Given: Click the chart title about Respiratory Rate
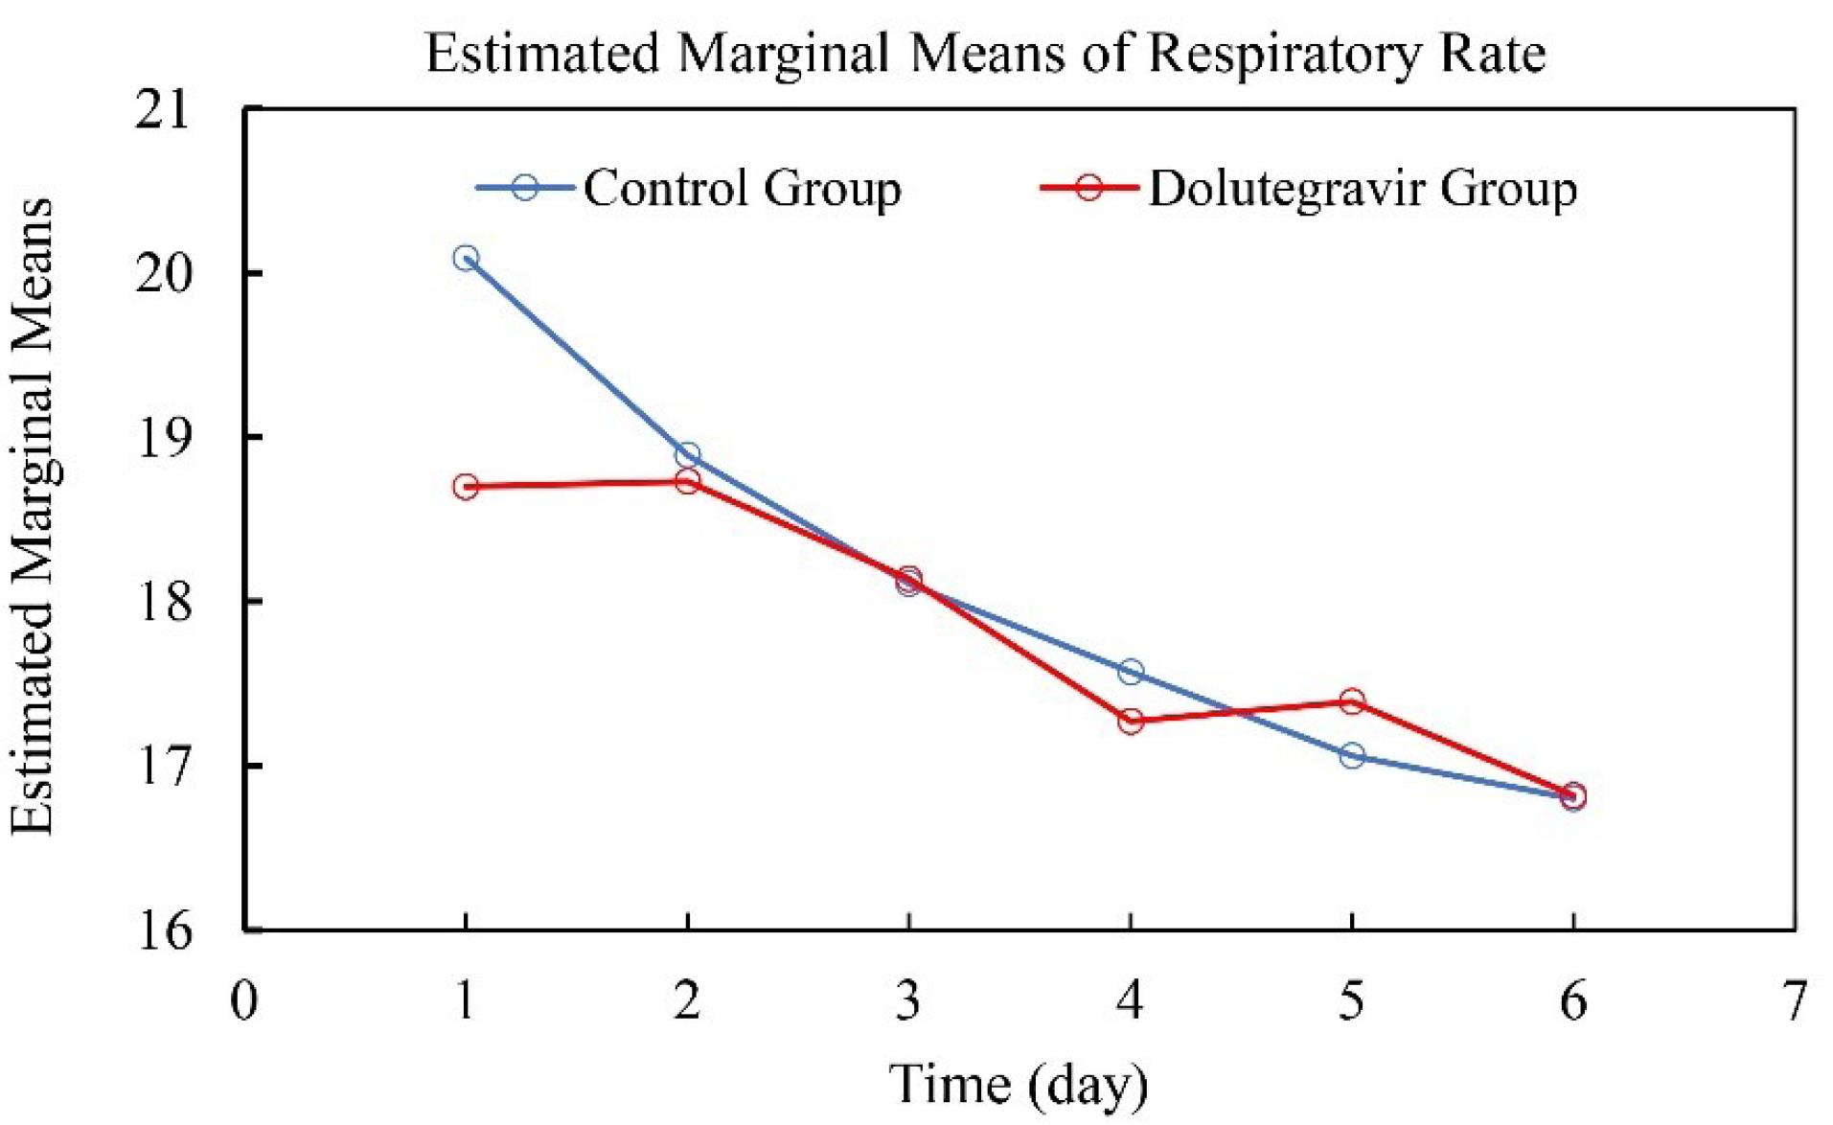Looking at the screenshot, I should pos(985,54).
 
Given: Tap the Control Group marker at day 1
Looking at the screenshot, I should pos(467,258).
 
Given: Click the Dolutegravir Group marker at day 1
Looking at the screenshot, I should pos(467,487).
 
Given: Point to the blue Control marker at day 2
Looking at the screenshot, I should pos(688,454).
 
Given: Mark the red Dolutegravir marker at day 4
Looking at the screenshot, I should pos(1131,721).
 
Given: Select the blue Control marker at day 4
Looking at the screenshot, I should pos(1131,672).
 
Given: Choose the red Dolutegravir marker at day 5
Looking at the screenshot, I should pos(1352,701).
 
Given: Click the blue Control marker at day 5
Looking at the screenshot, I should pos(1352,756).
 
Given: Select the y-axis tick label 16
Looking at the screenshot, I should pos(163,930).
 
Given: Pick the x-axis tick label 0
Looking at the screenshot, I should pos(245,1002).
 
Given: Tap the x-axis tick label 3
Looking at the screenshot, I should pos(908,1002).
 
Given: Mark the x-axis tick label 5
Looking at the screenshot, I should pos(1352,1002).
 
